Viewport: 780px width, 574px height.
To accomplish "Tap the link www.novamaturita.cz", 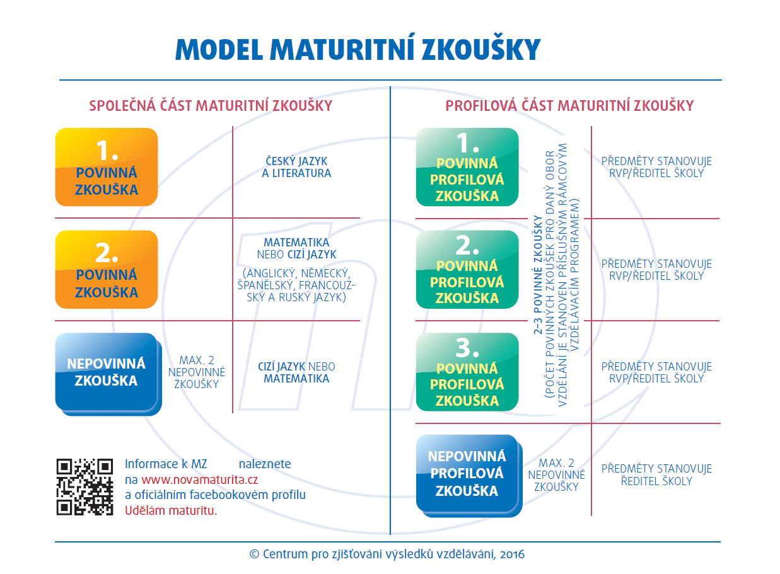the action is click(199, 479).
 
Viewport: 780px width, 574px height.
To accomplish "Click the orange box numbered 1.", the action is click(107, 167).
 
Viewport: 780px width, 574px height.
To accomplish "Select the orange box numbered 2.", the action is click(107, 269).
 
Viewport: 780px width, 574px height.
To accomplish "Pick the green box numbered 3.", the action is click(467, 372).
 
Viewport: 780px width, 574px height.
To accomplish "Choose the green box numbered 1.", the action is click(467, 167).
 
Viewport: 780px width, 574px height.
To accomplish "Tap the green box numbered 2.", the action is click(467, 269).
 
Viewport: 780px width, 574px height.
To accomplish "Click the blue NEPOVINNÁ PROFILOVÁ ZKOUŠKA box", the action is click(469, 476).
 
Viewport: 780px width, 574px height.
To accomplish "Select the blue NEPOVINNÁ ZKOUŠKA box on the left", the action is click(108, 374).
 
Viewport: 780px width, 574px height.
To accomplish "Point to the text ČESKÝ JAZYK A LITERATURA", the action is click(296, 167).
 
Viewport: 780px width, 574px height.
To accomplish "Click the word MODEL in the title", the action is click(219, 49).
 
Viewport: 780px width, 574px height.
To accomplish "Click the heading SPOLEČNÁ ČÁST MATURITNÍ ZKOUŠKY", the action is click(211, 105).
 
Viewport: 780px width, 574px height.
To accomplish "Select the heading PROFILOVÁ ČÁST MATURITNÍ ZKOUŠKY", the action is click(569, 105).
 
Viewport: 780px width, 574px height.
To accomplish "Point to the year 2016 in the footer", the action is click(512, 554).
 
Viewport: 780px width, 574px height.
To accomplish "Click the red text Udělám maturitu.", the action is click(171, 510).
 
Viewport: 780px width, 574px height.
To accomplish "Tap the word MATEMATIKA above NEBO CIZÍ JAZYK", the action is click(296, 242).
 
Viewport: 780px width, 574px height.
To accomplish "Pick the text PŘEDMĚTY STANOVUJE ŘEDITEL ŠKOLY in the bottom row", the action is click(656, 475).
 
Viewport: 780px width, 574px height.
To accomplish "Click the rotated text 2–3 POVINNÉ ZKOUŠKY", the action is click(538, 275).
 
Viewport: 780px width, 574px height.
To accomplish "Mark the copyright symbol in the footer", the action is click(255, 554).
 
